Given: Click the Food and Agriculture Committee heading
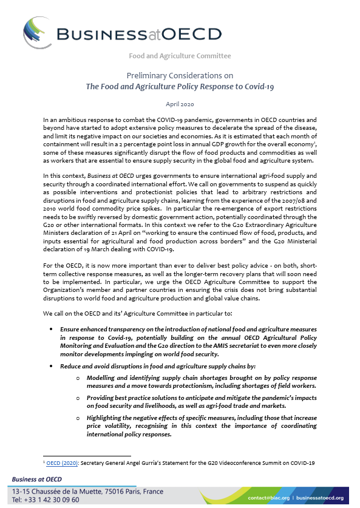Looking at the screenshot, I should (180, 56).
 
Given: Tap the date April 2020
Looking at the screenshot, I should (180, 104).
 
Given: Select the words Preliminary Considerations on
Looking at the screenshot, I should (180, 75).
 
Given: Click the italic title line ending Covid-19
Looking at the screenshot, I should (180, 87).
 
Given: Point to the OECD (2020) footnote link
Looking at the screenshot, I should (60, 464).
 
